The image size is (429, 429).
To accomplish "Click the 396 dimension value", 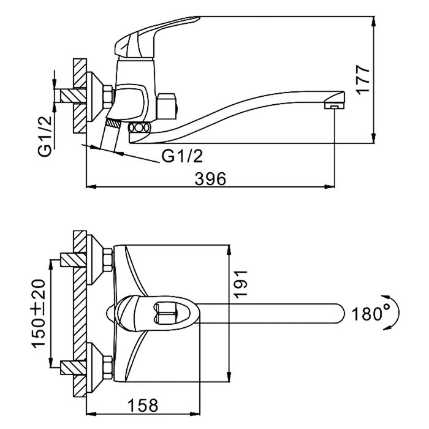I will [210, 178].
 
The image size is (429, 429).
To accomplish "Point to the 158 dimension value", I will [142, 405].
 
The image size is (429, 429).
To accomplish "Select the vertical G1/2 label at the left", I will [44, 134].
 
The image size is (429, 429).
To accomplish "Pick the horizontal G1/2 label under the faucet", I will [182, 158].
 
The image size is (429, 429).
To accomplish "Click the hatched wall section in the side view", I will [80, 95].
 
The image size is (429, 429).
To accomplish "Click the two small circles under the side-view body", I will [139, 127].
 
